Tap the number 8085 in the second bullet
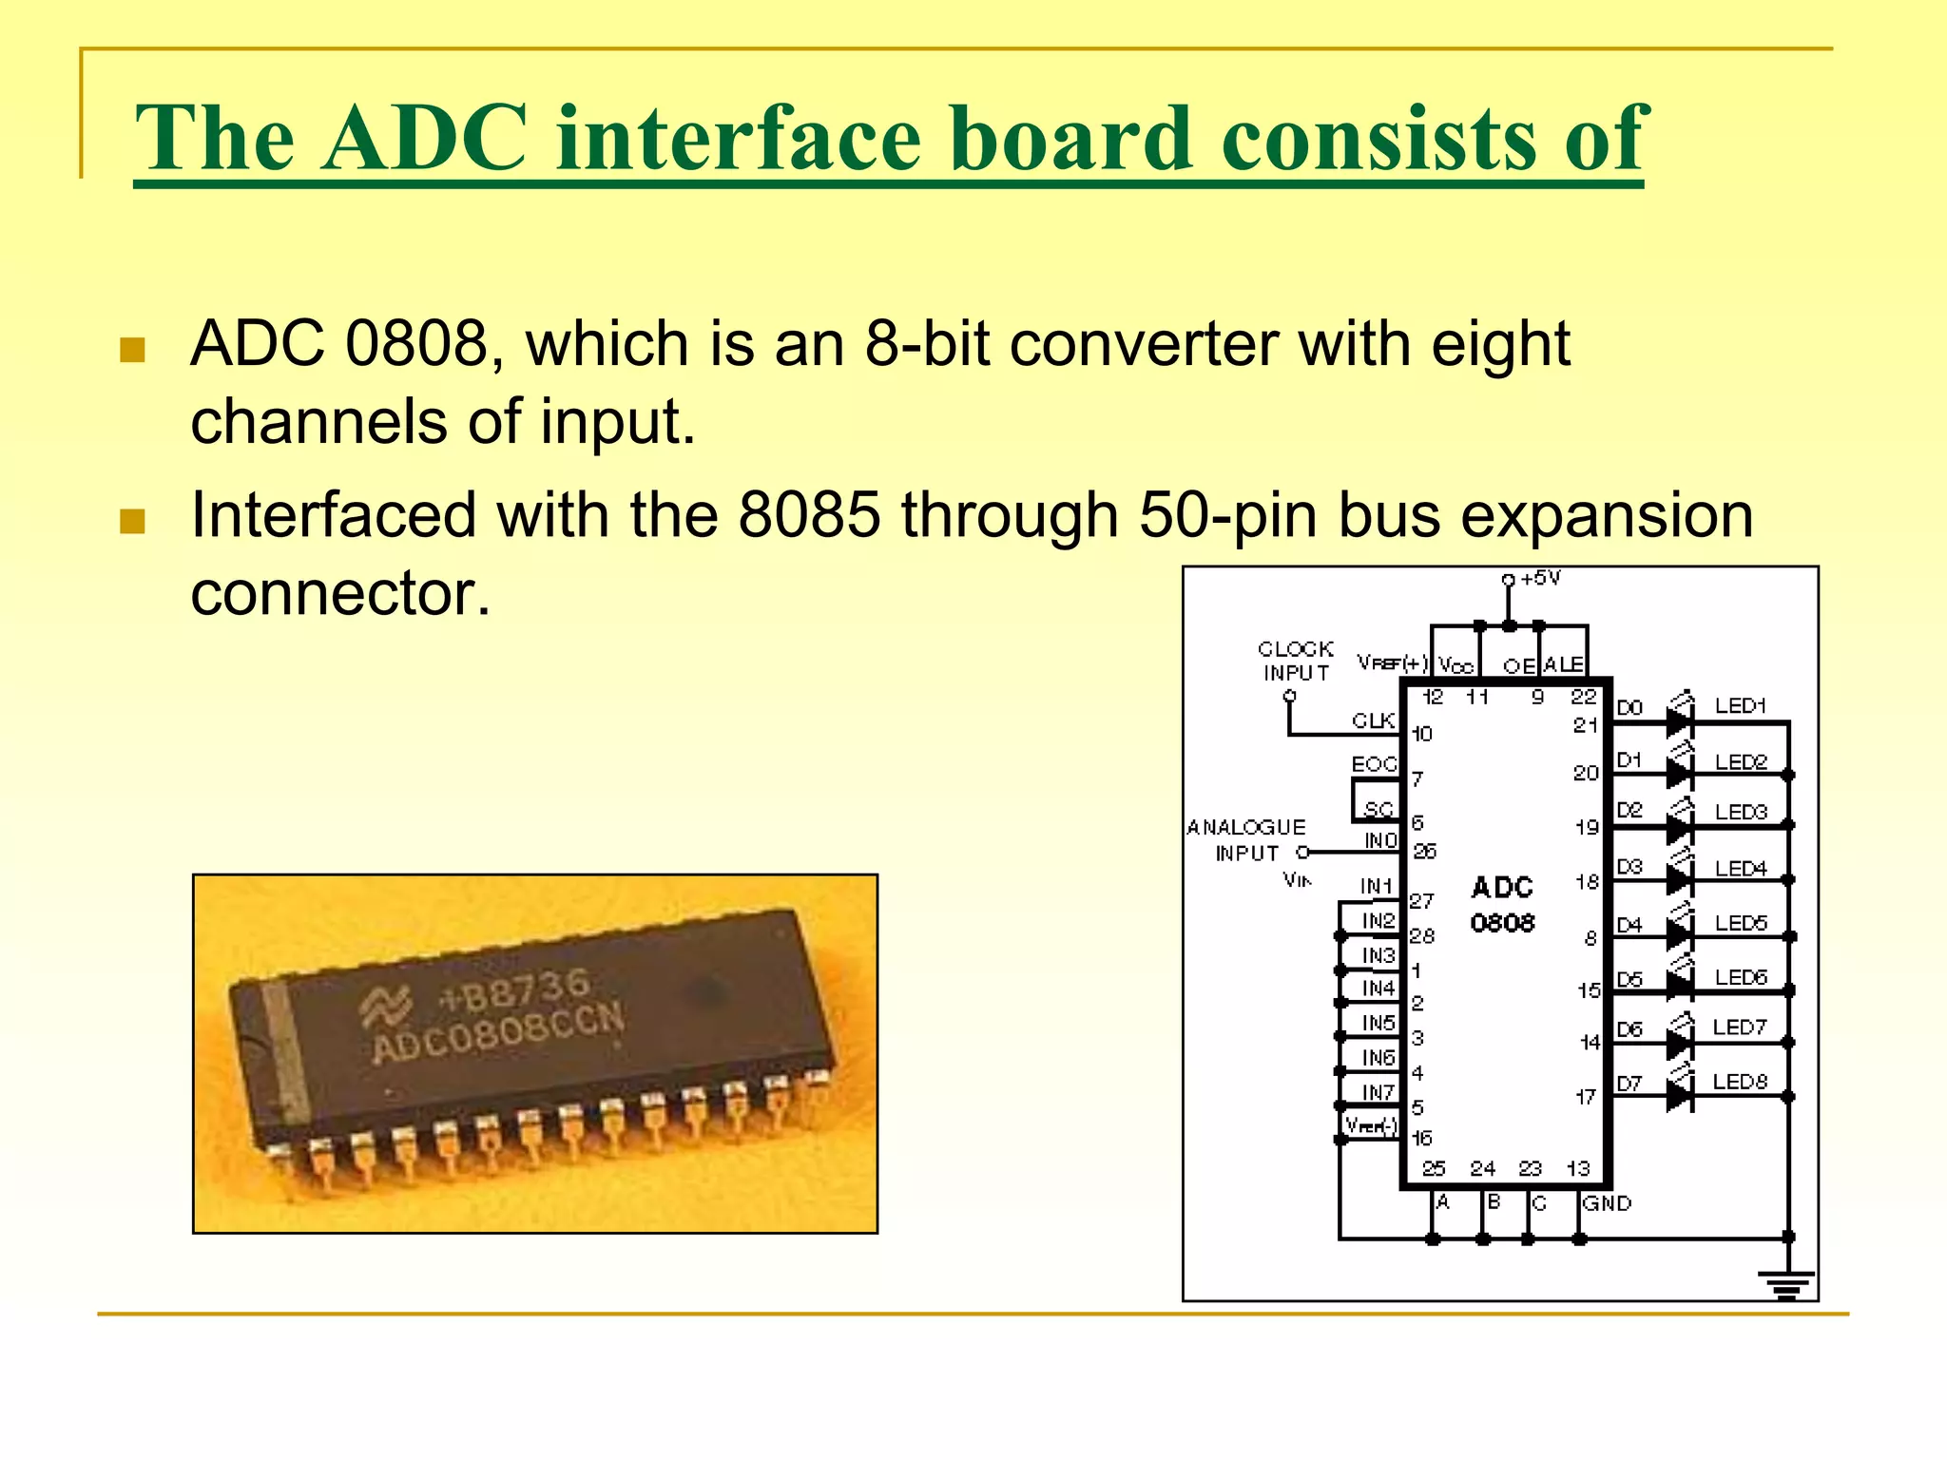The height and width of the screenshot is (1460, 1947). (x=809, y=515)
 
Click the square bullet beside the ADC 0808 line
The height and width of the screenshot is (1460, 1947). (x=133, y=350)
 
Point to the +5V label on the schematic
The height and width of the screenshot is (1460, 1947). (x=1540, y=579)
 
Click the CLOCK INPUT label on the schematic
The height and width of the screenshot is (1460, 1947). (x=1295, y=661)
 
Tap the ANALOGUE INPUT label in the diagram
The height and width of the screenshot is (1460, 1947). (x=1246, y=840)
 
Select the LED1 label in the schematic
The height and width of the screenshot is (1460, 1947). (x=1740, y=706)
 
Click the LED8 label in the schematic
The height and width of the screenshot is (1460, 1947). (x=1740, y=1082)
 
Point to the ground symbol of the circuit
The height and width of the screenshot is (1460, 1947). (x=1787, y=1285)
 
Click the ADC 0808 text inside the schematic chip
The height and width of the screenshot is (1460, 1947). (x=1502, y=905)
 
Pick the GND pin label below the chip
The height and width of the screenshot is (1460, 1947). (x=1607, y=1203)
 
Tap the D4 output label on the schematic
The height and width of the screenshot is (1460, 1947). (x=1629, y=925)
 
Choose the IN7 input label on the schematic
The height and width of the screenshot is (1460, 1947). (x=1378, y=1092)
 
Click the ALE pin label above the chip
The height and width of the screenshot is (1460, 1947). (x=1563, y=664)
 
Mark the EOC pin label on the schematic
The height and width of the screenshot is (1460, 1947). (x=1374, y=764)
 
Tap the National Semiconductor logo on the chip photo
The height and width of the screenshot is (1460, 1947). (x=385, y=1008)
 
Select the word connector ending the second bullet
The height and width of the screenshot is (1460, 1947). (x=340, y=593)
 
